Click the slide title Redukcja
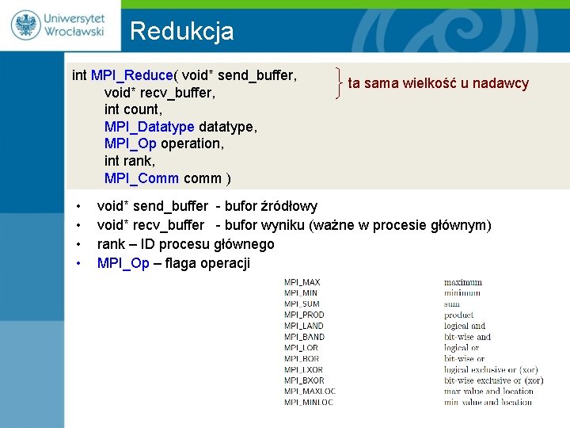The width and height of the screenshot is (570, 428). tap(181, 31)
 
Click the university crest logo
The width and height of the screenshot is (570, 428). tap(25, 25)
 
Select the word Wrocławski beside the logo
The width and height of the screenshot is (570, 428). tap(74, 33)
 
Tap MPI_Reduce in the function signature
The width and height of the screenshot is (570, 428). tap(132, 75)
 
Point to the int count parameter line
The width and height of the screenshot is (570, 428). tap(133, 109)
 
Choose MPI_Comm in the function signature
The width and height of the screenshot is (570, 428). tap(142, 178)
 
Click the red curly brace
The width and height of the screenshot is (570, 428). tap(339, 83)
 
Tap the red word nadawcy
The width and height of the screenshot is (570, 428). tap(502, 83)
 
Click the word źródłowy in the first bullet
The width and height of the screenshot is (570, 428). tap(286, 207)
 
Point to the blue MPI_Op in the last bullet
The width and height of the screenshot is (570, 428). tap(123, 263)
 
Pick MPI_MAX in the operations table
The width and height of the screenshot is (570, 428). tap(302, 282)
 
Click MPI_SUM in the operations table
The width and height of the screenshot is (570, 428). tap(302, 304)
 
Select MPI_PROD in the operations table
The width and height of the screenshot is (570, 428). tap(304, 315)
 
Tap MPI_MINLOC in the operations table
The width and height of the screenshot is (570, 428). tap(309, 402)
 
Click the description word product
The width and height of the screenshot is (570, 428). tap(459, 315)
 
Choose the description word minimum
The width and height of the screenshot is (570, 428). tap(462, 292)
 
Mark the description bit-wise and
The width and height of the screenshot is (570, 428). tap(467, 337)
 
